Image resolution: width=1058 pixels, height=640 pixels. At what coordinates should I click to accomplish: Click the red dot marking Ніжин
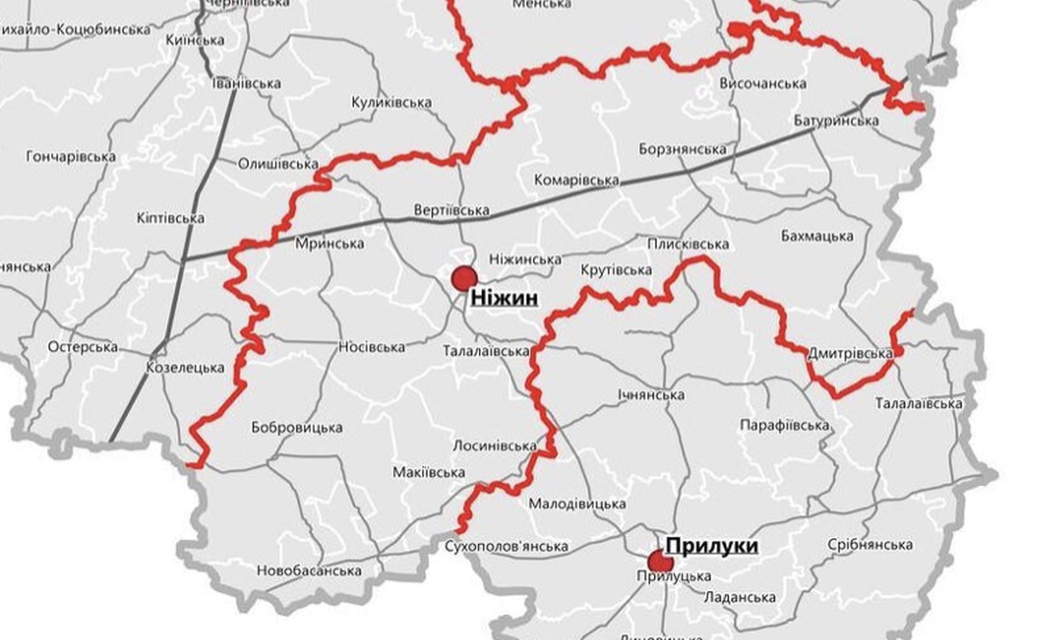click(465, 278)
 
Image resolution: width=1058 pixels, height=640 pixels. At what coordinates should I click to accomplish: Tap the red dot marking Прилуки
click(660, 561)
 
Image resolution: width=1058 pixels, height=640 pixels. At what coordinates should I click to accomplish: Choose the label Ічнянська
click(652, 395)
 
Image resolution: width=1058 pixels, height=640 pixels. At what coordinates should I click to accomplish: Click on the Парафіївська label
click(785, 425)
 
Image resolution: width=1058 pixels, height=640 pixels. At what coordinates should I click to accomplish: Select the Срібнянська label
click(869, 545)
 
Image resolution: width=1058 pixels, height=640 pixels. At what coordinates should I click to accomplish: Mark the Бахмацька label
click(818, 236)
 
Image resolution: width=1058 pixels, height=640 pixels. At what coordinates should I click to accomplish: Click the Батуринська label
click(837, 121)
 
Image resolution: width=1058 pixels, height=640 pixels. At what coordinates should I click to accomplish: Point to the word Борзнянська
click(682, 149)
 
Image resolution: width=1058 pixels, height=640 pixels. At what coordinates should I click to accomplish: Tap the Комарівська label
click(574, 180)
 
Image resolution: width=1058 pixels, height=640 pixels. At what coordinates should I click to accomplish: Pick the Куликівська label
click(391, 102)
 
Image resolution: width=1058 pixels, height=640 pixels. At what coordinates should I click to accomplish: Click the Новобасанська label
click(309, 571)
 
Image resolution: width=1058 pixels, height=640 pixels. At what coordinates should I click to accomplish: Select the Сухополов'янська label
click(508, 547)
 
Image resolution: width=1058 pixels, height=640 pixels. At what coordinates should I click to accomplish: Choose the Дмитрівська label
click(850, 354)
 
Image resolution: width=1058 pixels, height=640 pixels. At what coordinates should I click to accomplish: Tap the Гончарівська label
click(71, 156)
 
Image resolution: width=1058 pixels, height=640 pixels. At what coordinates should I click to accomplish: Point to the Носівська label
click(371, 346)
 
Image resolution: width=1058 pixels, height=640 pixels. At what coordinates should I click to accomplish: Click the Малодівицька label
click(577, 503)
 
